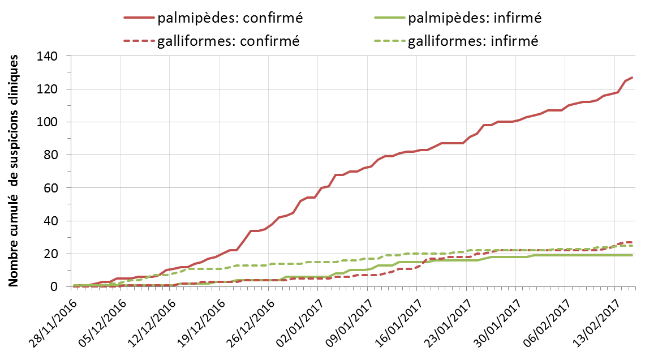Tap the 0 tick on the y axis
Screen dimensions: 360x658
pyautogui.click(x=54, y=286)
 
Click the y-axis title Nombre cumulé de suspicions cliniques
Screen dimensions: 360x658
pyautogui.click(x=16, y=170)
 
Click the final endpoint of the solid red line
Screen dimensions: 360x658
pyautogui.click(x=632, y=78)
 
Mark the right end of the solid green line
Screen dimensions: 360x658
pyautogui.click(x=632, y=255)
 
